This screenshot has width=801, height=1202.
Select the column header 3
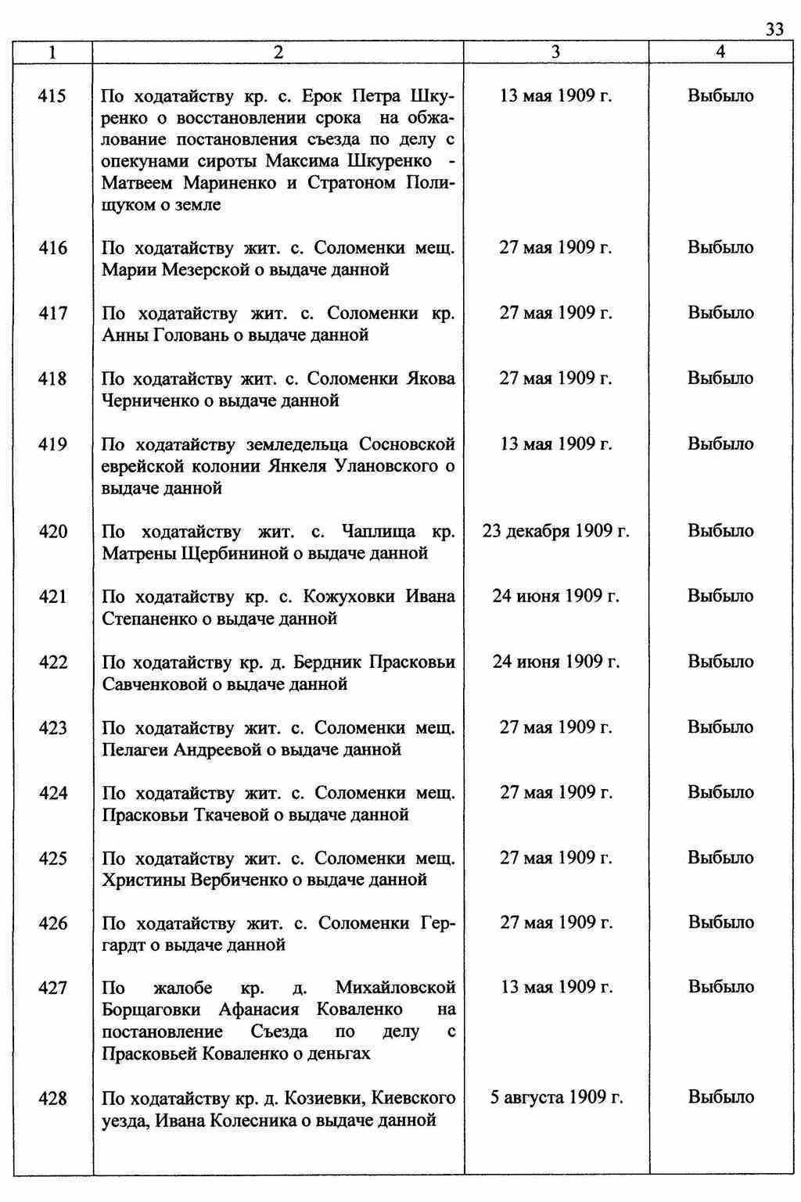555,52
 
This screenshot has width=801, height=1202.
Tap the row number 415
53,97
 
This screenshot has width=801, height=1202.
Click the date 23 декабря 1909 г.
556,532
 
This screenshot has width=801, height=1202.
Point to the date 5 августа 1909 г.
556,1097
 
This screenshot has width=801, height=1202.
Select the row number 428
53,1099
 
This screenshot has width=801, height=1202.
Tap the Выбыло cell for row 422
720,662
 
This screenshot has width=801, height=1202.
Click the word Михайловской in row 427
395,989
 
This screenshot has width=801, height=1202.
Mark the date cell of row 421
556,597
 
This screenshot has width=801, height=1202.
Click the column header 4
720,52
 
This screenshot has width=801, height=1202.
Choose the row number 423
53,728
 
